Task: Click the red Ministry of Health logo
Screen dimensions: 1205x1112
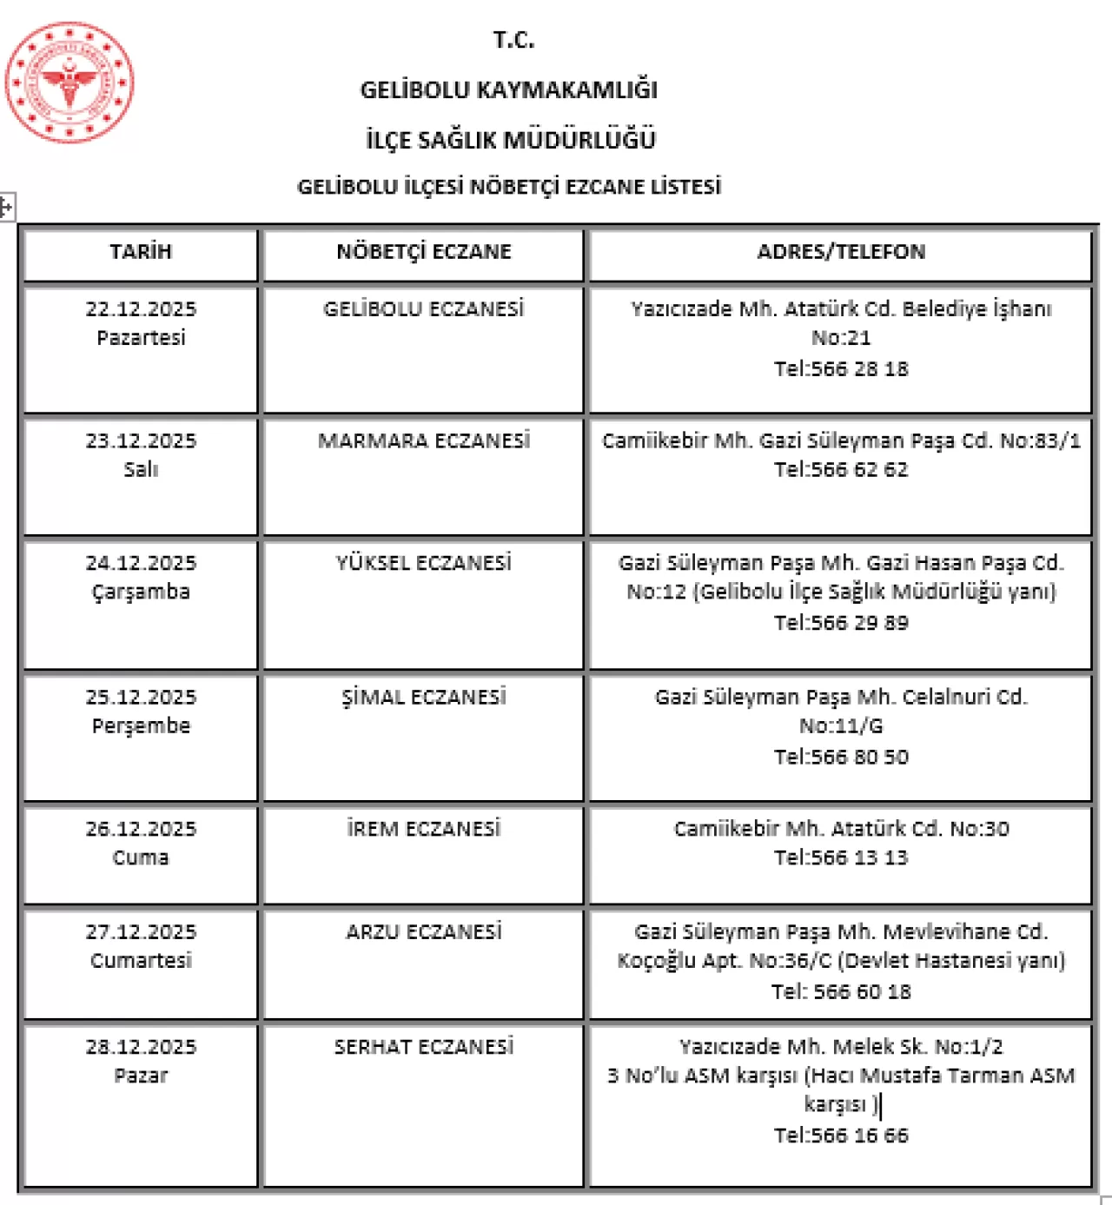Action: (69, 83)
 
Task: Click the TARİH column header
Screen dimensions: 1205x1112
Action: (141, 252)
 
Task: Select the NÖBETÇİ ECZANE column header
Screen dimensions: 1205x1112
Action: (424, 252)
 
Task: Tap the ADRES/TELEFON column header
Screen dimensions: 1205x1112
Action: (841, 252)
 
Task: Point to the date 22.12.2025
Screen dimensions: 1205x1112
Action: (141, 309)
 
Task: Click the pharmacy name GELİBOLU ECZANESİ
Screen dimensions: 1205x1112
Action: (424, 309)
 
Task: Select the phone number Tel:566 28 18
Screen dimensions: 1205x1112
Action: (841, 369)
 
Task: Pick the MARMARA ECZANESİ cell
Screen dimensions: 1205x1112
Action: (424, 441)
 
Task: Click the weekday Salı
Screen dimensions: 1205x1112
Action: (141, 470)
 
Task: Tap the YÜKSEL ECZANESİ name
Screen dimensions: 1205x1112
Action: (424, 563)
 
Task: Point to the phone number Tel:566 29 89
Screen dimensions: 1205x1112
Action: (841, 623)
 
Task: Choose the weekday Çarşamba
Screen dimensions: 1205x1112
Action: (141, 593)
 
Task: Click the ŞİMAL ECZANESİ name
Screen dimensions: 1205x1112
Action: (424, 698)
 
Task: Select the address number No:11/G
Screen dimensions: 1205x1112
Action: (841, 726)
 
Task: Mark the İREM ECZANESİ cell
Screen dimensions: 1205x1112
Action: (424, 829)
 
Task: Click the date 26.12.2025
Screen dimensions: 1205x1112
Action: (141, 829)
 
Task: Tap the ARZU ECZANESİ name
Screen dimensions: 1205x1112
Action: (424, 932)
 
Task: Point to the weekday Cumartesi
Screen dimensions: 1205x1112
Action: (141, 961)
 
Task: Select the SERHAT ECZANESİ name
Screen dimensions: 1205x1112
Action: (424, 1047)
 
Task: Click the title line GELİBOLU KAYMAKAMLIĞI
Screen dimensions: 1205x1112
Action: (509, 90)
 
